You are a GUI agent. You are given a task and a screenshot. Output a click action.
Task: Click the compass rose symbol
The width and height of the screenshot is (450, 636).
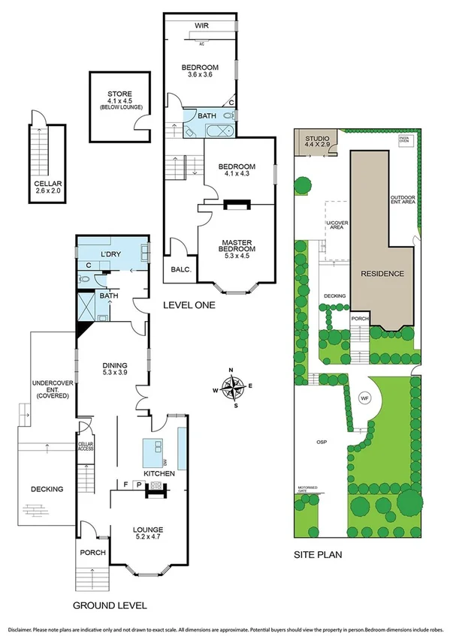click(236, 388)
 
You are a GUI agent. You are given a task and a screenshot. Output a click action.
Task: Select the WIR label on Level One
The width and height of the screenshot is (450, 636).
click(201, 25)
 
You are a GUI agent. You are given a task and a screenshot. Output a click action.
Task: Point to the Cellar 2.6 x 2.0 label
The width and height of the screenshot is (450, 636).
click(47, 187)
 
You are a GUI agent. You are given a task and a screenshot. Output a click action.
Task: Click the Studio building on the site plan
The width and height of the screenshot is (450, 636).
click(316, 142)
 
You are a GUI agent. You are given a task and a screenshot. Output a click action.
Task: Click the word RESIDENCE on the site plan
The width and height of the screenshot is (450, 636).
click(381, 274)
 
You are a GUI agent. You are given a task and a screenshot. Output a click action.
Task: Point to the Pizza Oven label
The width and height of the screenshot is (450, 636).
click(404, 141)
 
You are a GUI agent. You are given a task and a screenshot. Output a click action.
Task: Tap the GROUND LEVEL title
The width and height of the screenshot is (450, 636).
click(110, 605)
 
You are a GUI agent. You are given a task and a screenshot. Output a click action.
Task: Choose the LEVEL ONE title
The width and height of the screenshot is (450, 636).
click(189, 306)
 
